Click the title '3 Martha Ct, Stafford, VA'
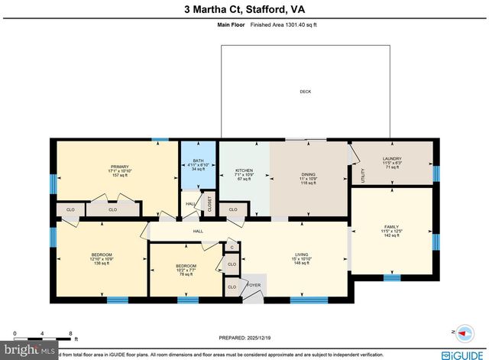point(244,9)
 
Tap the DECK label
point(305,92)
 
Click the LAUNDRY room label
point(392,159)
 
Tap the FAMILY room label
point(392,228)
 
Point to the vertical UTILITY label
point(363,176)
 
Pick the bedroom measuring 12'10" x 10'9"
point(102,258)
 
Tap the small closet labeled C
point(232,248)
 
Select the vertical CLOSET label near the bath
point(209,205)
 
